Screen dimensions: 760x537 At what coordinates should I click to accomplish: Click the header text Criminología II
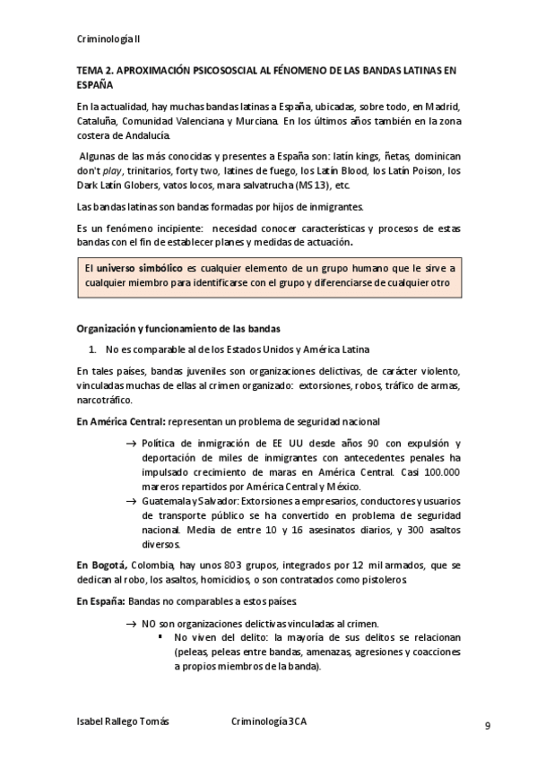pos(108,40)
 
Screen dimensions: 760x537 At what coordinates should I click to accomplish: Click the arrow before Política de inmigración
pos(131,443)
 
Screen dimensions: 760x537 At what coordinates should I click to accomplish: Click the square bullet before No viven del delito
pos(160,637)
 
